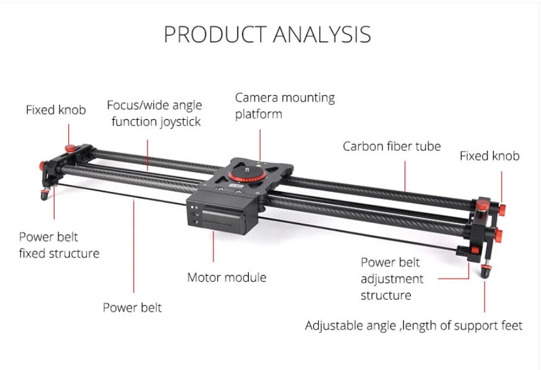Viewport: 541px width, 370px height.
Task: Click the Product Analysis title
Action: click(x=267, y=34)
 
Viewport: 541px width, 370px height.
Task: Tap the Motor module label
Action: click(x=226, y=277)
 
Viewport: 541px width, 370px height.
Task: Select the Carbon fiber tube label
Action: click(x=391, y=147)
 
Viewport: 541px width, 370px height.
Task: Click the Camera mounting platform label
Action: click(x=285, y=106)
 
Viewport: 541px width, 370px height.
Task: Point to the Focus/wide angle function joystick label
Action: click(x=154, y=113)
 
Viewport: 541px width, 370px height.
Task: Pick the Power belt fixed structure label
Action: click(x=59, y=245)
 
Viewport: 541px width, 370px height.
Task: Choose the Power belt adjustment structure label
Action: click(x=392, y=279)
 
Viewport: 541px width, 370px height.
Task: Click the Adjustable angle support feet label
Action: click(x=413, y=325)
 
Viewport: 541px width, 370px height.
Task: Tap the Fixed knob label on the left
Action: click(x=56, y=110)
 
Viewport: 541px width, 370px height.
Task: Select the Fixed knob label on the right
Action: click(x=490, y=156)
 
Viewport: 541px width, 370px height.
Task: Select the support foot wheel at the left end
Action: click(x=45, y=196)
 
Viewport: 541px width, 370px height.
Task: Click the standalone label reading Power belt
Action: click(x=132, y=307)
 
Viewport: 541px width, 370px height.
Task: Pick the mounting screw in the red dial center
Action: click(x=253, y=166)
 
